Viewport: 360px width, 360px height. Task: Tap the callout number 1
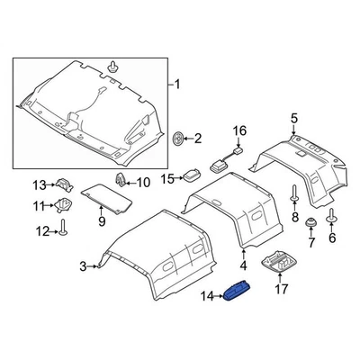point(177,85)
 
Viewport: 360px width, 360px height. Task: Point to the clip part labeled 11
point(65,233)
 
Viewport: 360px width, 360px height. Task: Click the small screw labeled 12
point(65,186)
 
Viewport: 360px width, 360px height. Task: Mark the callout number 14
point(190,175)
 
